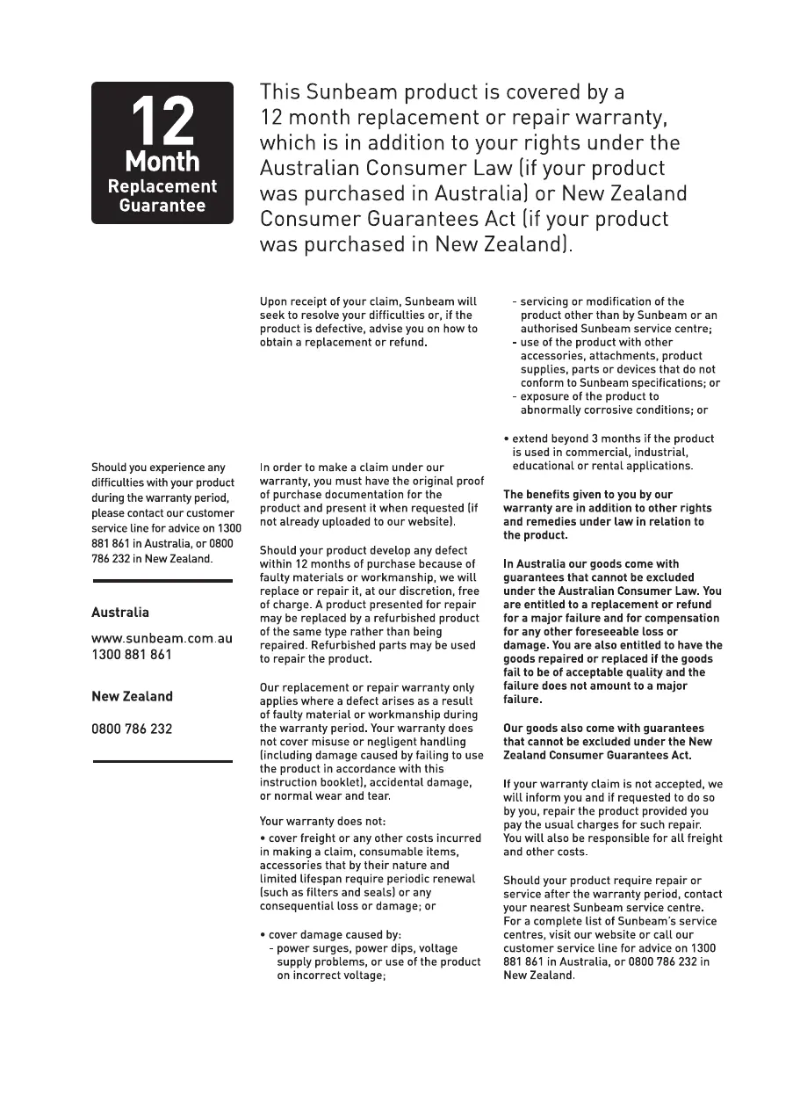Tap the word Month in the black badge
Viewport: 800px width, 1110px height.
click(162, 162)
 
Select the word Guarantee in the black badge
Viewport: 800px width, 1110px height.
click(162, 207)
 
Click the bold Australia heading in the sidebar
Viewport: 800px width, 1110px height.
click(120, 613)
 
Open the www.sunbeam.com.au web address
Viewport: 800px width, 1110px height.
click(162, 638)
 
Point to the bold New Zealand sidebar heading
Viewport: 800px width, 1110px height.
click(132, 696)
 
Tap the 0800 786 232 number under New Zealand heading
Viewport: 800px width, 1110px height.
click(132, 729)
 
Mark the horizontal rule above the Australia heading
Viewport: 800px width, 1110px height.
click(162, 581)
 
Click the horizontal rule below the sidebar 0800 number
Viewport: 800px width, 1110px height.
click(162, 761)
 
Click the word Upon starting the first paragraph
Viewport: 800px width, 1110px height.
click(274, 301)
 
